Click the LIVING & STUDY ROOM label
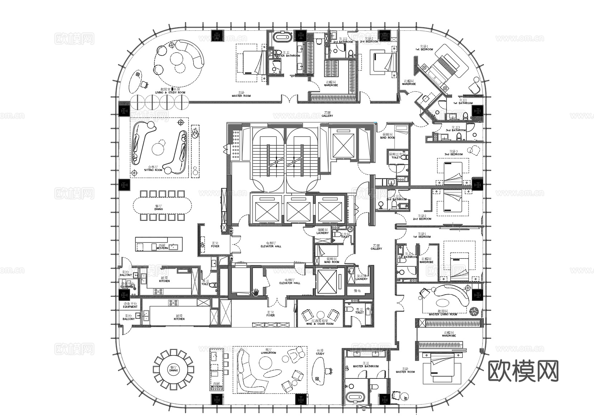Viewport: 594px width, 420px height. point(170,92)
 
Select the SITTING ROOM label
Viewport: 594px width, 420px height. point(154,169)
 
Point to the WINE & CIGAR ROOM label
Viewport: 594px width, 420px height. point(320,324)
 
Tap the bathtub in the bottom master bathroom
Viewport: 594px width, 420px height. point(355,397)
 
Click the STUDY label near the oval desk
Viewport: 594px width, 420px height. point(320,354)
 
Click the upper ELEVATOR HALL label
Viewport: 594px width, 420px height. point(271,246)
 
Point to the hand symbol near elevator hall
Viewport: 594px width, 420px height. point(255,292)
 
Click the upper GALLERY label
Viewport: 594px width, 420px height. point(327,116)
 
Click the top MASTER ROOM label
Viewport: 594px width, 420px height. point(241,96)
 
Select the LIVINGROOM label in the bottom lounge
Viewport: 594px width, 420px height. point(268,353)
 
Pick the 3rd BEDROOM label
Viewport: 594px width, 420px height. point(454,154)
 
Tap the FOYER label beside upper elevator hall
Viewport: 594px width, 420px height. point(215,246)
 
